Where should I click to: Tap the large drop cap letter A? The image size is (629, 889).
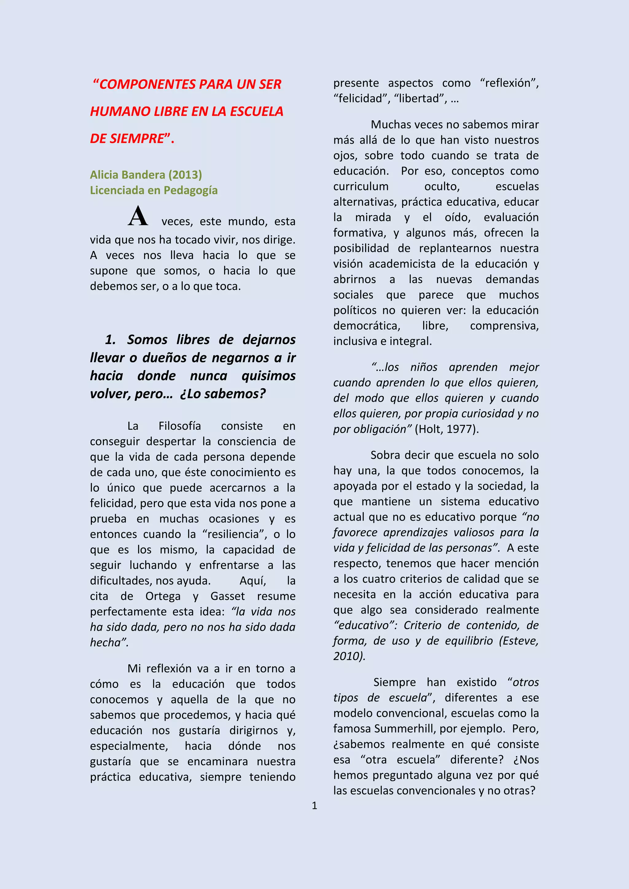(138, 216)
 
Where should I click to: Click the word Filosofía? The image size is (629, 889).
(180, 426)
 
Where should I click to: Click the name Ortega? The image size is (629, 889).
(163, 596)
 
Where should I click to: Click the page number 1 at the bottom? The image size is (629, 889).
(314, 806)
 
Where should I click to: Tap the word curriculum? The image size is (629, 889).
(361, 186)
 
